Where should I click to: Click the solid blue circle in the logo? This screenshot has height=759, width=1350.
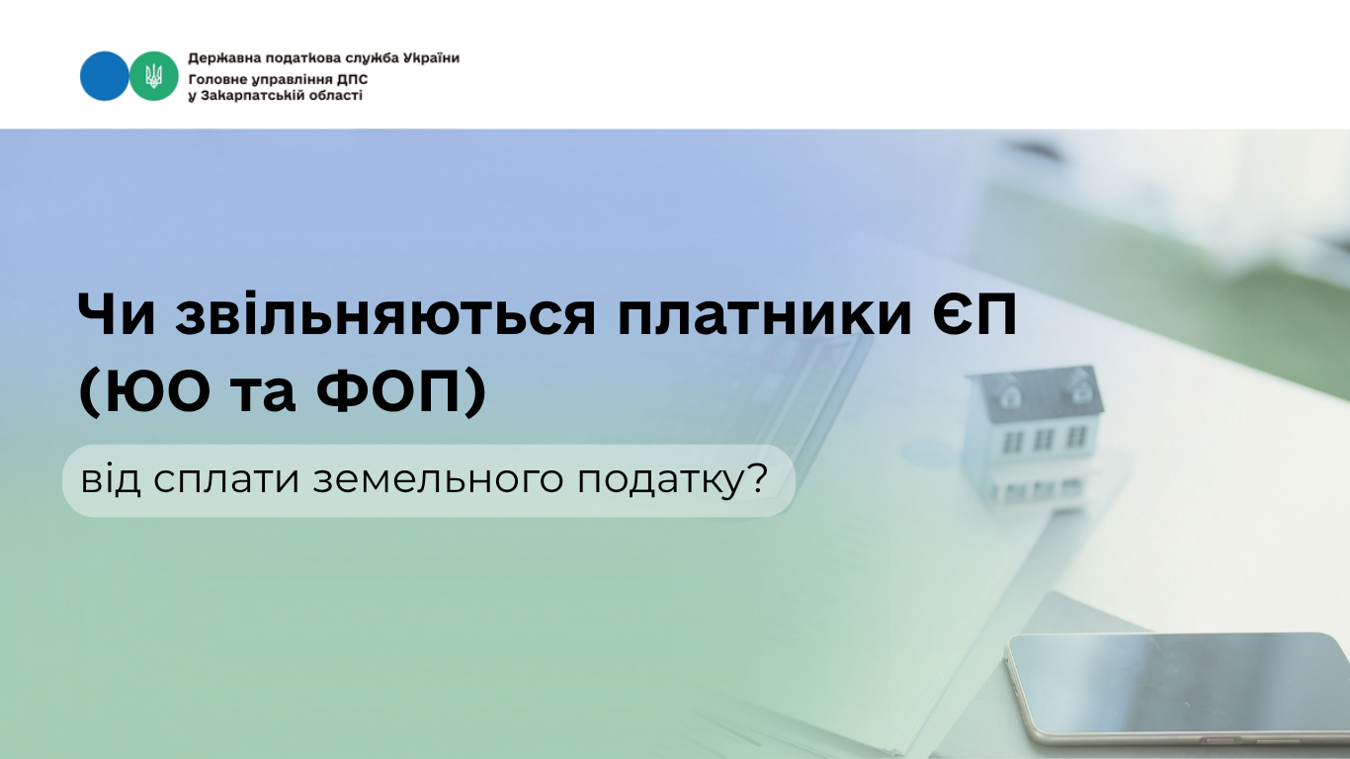(104, 76)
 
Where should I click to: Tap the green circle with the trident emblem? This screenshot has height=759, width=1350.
(154, 76)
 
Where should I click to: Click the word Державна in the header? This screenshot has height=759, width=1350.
(224, 58)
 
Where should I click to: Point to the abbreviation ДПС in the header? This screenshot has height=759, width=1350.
(352, 80)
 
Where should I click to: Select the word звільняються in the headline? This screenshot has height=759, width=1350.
(385, 314)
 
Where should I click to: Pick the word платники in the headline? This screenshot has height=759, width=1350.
(765, 314)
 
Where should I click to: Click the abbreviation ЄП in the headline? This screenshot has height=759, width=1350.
(974, 313)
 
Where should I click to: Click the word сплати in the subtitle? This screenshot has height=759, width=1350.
(226, 480)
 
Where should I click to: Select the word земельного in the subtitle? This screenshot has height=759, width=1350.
(438, 479)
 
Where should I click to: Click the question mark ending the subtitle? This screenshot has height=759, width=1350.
(756, 478)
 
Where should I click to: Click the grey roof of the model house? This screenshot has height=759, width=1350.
(1035, 394)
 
